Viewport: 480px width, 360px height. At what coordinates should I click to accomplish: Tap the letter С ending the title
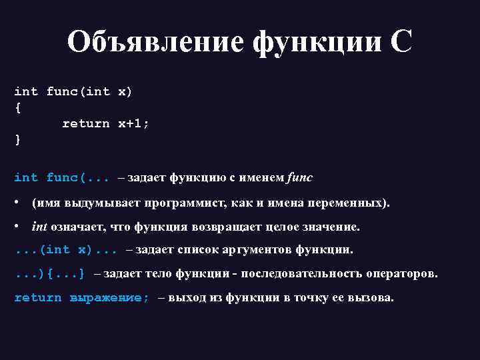point(401,43)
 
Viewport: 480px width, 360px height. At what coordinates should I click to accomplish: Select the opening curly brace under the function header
point(17,107)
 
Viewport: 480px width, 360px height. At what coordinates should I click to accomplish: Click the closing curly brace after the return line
point(17,139)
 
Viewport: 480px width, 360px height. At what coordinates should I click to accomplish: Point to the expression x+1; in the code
point(134,123)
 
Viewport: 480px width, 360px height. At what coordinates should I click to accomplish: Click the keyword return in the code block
point(86,123)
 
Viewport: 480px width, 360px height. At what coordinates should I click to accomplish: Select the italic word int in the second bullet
point(39,227)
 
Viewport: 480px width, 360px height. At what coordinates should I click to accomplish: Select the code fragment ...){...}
point(50,273)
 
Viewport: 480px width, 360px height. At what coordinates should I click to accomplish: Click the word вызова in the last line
point(374,297)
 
